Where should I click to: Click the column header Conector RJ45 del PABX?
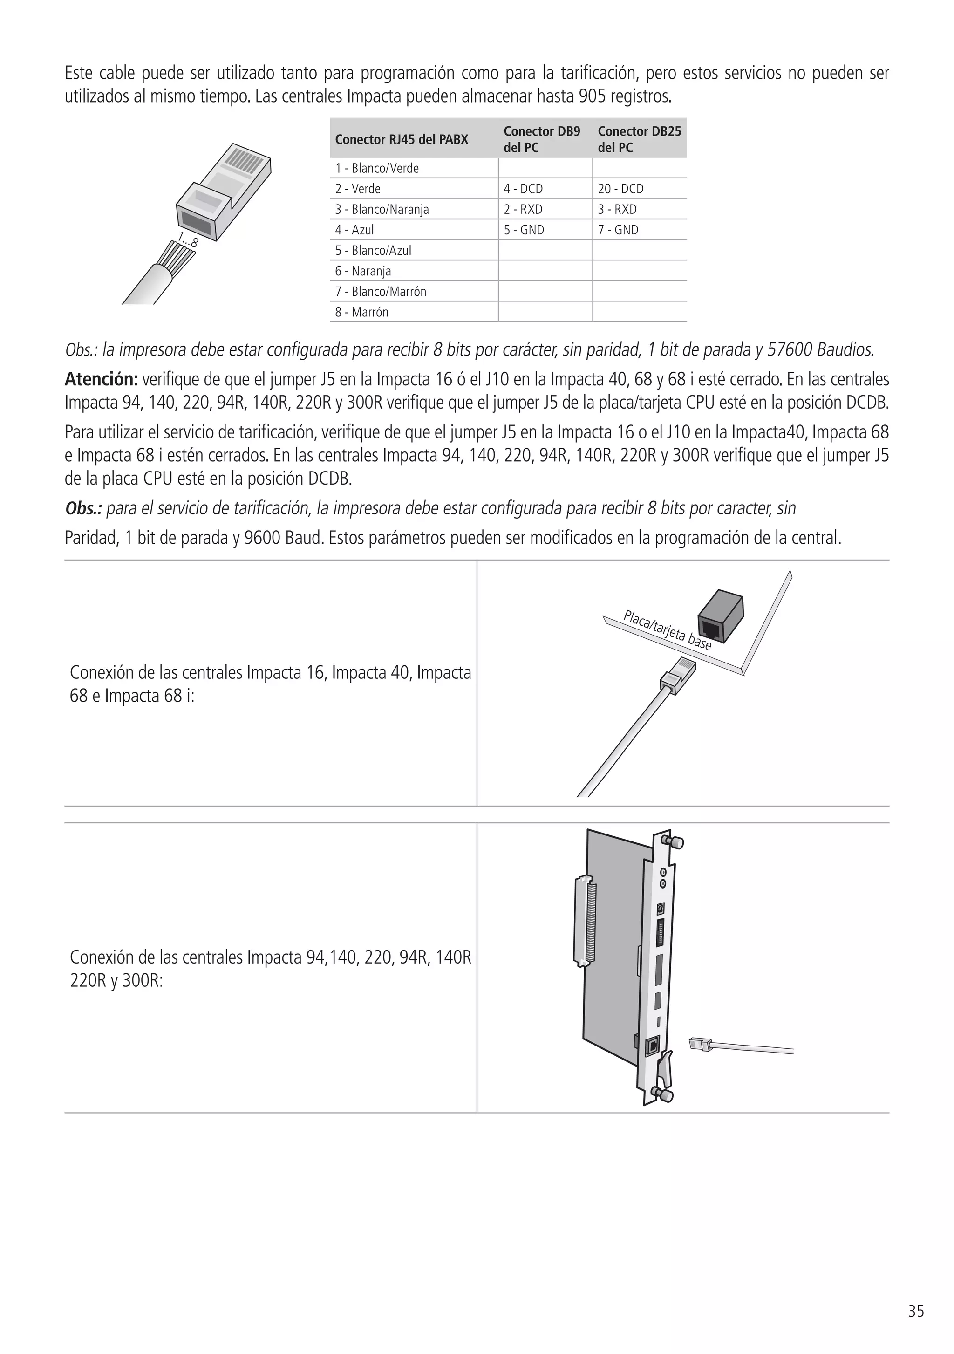pyautogui.click(x=402, y=140)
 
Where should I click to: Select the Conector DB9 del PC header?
pyautogui.click(x=541, y=140)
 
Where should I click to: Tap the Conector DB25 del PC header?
pyautogui.click(x=639, y=140)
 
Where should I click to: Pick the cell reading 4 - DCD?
pyautogui.click(x=523, y=189)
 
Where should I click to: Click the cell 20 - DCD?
pyautogui.click(x=620, y=189)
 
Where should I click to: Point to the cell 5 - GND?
pyautogui.click(x=524, y=230)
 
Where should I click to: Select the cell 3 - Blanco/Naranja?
pyautogui.click(x=382, y=209)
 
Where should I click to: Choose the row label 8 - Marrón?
pyautogui.click(x=361, y=312)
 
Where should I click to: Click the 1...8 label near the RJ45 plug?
pyautogui.click(x=188, y=239)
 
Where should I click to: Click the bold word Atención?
pyautogui.click(x=101, y=379)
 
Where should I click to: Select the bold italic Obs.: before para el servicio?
pyautogui.click(x=83, y=508)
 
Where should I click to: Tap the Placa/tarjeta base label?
pyautogui.click(x=668, y=630)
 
